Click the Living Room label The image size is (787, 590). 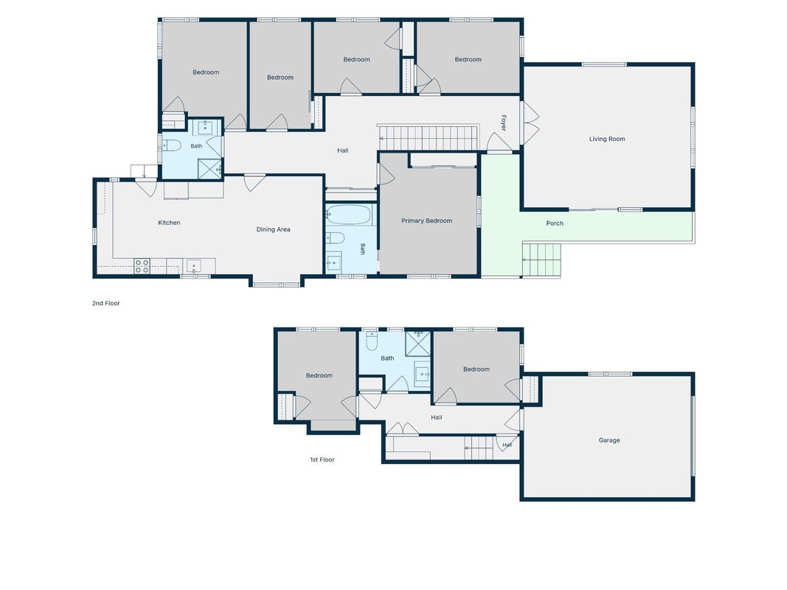607,139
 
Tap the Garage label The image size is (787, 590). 609,440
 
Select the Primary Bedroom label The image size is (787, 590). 426,221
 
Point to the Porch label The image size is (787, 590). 555,223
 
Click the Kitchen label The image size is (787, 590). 169,223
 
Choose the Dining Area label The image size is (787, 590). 273,230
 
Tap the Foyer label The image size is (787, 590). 504,123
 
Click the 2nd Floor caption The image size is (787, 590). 106,303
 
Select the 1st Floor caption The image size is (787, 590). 322,459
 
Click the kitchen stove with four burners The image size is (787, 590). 142,266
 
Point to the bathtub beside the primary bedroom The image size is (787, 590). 350,215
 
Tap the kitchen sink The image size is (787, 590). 193,266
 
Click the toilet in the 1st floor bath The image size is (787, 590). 372,341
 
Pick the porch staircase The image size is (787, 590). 541,260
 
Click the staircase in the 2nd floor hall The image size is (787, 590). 428,138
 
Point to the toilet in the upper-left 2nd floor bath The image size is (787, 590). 172,145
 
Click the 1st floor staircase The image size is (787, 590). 479,448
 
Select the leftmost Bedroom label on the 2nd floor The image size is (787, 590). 206,72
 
